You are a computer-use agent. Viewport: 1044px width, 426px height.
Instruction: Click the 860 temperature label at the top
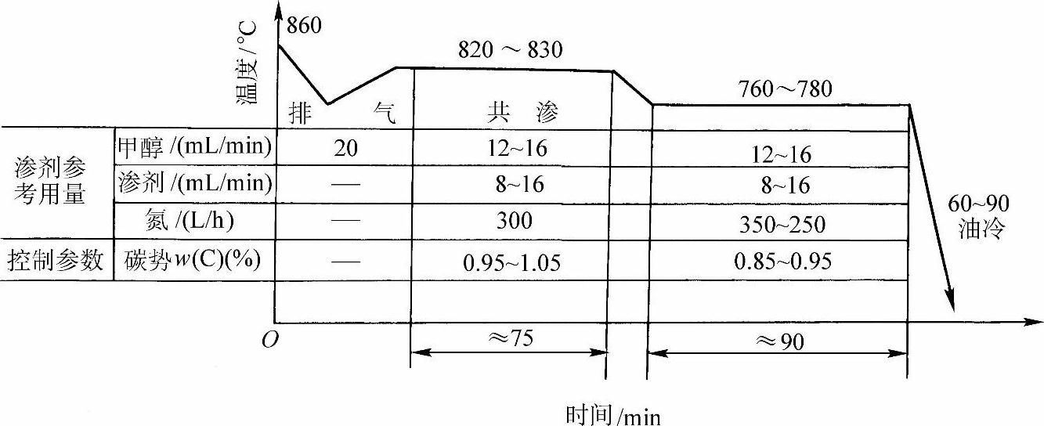305,26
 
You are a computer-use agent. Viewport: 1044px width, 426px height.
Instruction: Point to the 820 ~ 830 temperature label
510,50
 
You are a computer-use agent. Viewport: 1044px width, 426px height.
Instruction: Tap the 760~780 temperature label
786,88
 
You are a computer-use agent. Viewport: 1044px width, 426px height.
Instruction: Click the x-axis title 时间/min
613,414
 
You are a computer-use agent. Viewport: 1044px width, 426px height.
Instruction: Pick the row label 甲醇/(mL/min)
195,146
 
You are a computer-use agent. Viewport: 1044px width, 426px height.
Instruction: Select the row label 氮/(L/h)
195,222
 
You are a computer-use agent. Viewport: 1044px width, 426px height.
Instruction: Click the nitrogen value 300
514,221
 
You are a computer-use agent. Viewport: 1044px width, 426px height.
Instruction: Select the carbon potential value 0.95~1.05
511,262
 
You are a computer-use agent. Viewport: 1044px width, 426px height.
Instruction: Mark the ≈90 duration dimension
778,341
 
